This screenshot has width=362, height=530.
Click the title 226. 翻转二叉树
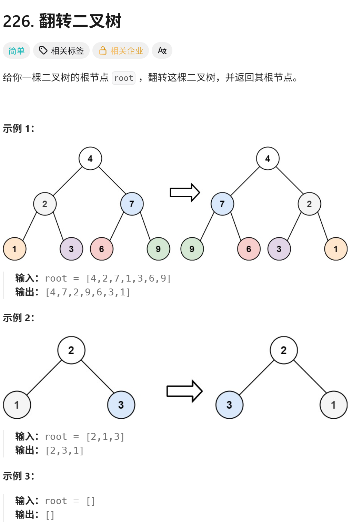click(x=62, y=21)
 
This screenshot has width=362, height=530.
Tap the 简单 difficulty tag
click(x=17, y=51)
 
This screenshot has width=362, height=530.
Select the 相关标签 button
click(x=61, y=51)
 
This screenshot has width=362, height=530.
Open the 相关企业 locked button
click(x=121, y=51)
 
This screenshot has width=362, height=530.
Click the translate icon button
click(x=162, y=51)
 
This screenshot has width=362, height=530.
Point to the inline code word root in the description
click(x=123, y=78)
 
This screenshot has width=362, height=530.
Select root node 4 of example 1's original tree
click(x=90, y=159)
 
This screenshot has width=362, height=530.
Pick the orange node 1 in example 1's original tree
click(x=14, y=249)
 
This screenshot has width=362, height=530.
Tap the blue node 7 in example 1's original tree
click(x=132, y=204)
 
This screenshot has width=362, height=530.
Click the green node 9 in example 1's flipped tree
click(x=192, y=249)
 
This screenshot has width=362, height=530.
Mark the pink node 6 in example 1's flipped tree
click(x=249, y=249)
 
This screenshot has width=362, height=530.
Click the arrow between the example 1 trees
click(x=185, y=192)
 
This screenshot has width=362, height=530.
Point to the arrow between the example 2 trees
click(x=184, y=391)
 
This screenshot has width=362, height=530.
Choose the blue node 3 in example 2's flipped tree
click(x=229, y=405)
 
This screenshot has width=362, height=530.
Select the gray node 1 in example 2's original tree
click(x=17, y=405)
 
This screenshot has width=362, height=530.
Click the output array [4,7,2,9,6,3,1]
click(x=88, y=292)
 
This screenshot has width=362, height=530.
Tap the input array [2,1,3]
click(x=105, y=437)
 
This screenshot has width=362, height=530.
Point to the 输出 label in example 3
click(x=27, y=515)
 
